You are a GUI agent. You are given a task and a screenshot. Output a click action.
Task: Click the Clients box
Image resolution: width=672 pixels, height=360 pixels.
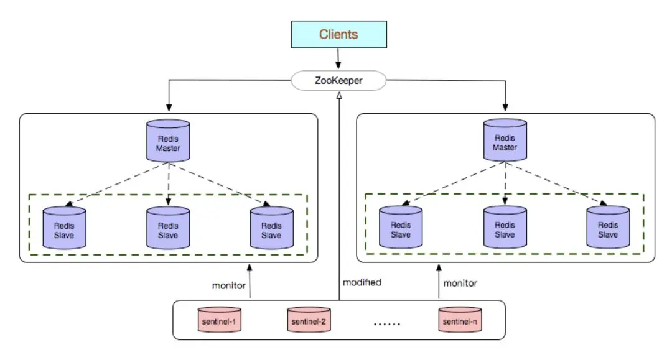[339, 34]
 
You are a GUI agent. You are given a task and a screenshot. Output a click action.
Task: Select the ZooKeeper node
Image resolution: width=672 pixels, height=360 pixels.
[338, 80]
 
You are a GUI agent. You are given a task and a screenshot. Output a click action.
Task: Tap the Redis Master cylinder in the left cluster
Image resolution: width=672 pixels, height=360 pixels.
[168, 141]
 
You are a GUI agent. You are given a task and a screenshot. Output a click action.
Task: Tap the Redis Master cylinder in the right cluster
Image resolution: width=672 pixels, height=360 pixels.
[505, 140]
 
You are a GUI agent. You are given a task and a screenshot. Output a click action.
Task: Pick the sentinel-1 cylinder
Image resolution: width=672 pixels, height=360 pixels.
[220, 320]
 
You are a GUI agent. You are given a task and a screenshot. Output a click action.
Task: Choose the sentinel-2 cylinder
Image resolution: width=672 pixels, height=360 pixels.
[309, 320]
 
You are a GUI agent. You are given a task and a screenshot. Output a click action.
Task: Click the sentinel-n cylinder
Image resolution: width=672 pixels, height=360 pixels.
[460, 320]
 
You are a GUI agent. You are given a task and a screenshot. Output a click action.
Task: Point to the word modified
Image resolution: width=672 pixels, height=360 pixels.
[362, 282]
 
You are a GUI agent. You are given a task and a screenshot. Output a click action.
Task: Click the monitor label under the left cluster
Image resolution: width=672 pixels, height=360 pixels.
[229, 285]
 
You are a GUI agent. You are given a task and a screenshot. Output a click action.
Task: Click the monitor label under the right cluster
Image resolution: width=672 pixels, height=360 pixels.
[460, 283]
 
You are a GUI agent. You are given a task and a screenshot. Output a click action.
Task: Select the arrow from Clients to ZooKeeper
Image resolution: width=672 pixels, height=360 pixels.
[338, 58]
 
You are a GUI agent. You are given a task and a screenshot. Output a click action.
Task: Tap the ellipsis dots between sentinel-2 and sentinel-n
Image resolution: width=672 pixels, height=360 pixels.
[387, 324]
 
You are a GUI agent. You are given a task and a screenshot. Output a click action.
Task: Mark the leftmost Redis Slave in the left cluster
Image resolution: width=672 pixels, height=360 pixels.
[64, 228]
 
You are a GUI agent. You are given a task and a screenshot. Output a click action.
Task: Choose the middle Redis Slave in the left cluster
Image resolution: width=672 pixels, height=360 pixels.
[168, 228]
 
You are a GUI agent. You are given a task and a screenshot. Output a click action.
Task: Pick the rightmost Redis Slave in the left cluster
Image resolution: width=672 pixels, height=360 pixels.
[272, 228]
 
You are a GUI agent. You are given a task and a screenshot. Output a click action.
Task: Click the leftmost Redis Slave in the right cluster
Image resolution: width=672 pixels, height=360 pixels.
[401, 227]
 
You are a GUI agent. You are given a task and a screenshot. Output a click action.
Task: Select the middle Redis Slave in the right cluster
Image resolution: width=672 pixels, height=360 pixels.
[505, 227]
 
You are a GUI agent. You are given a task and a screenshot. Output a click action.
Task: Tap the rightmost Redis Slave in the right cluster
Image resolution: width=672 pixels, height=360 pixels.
[608, 227]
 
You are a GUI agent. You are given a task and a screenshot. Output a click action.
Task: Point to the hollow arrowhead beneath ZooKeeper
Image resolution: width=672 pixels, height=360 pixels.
[339, 96]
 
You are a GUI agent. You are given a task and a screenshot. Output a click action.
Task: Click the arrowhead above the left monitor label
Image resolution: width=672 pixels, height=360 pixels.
[250, 268]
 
